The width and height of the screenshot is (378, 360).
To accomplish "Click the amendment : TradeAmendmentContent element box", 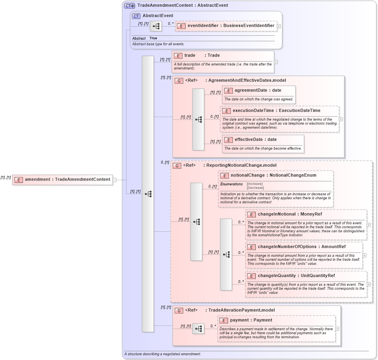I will (63, 179).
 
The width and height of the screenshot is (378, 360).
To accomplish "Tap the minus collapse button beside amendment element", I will (115, 180).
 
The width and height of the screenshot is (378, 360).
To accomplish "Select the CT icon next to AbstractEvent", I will (136, 16).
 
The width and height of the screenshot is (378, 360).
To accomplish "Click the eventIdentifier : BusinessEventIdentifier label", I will (231, 25).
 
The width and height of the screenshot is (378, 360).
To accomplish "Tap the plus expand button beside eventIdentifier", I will (279, 26).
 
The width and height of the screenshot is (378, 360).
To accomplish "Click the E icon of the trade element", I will (178, 56).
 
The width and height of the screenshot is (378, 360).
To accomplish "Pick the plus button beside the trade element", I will (276, 62).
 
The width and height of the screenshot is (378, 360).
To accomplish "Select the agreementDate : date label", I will (258, 90).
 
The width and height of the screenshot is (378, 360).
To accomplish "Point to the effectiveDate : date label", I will (255, 139).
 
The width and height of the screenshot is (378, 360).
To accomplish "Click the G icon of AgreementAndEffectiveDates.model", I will (179, 81).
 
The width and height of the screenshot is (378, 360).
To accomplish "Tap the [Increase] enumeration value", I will (255, 184).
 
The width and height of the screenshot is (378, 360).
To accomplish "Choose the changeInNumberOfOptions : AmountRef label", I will (292, 247).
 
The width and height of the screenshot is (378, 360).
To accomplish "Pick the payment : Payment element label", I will (251, 320).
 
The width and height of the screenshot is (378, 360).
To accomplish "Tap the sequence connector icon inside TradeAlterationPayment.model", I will (198, 329).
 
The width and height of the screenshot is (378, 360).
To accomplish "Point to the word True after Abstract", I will (153, 38).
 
